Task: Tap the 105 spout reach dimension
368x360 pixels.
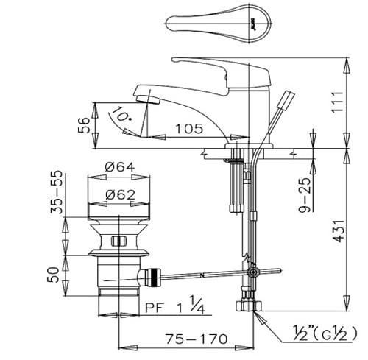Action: click(190, 129)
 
